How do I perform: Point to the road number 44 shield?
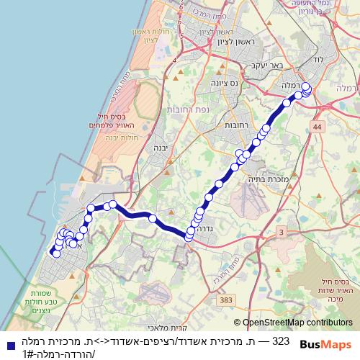click(318, 127)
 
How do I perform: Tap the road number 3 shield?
click(281, 231)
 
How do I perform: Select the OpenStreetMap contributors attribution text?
click(293, 323)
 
